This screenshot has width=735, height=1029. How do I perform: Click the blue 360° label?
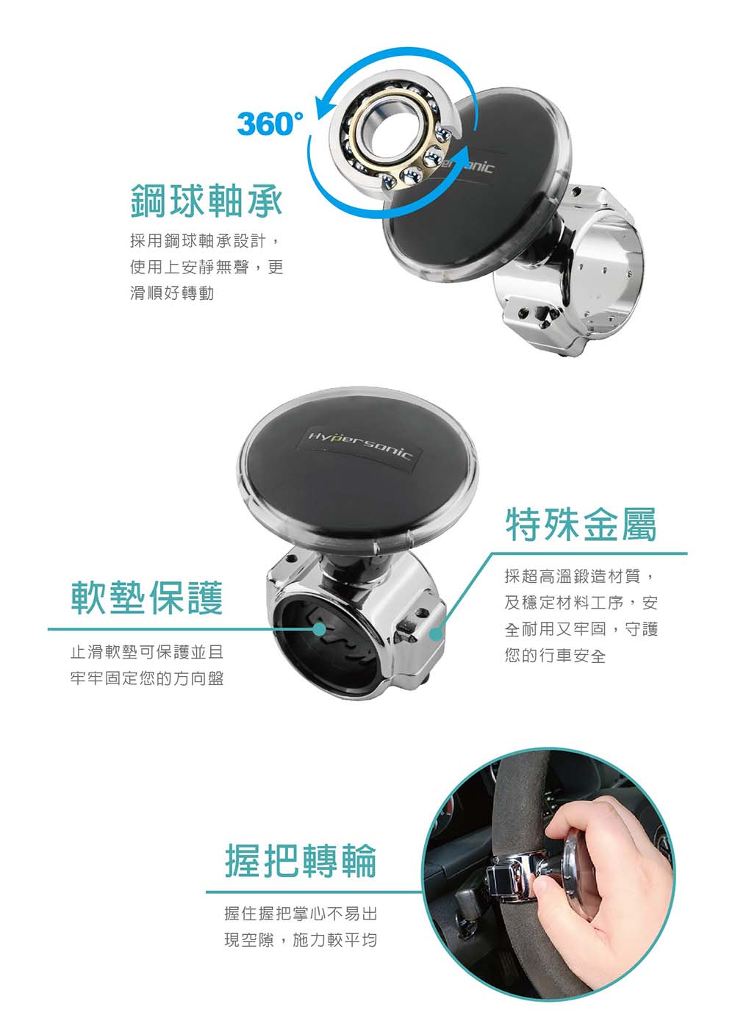pyautogui.click(x=270, y=124)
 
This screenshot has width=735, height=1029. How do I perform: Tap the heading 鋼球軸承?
pyautogui.click(x=207, y=200)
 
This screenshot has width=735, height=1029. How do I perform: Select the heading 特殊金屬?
pyautogui.click(x=581, y=525)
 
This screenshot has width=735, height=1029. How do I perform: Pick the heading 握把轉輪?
pyautogui.click(x=301, y=861)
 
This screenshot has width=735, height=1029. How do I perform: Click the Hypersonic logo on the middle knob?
pyautogui.click(x=359, y=445)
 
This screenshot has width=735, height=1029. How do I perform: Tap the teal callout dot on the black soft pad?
pyautogui.click(x=319, y=629)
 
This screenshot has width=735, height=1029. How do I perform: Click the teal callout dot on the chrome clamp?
pyautogui.click(x=435, y=634)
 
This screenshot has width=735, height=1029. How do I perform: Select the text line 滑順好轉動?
pyautogui.click(x=172, y=293)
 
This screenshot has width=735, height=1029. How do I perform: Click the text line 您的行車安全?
pyautogui.click(x=555, y=656)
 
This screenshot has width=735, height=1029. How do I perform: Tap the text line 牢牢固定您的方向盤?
pyautogui.click(x=147, y=678)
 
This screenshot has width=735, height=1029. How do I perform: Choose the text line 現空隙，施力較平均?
pyautogui.click(x=301, y=940)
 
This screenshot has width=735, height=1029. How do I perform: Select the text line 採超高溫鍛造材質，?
pyautogui.click(x=580, y=576)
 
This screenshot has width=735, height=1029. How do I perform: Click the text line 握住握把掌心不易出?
pyautogui.click(x=301, y=914)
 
